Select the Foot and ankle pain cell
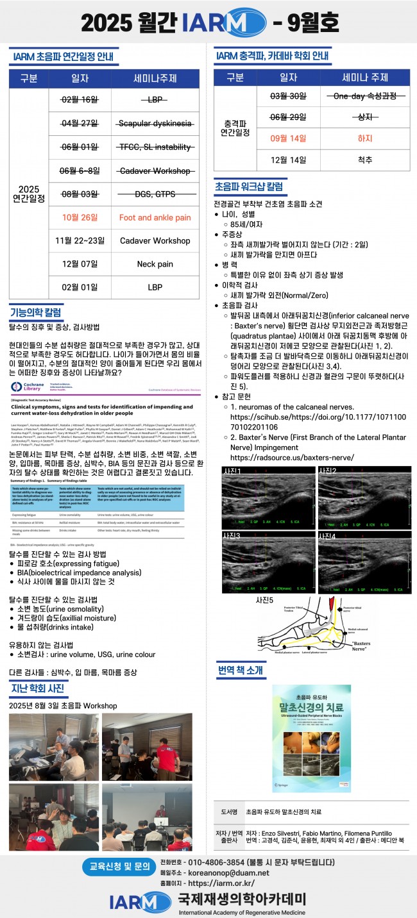pos(155,217)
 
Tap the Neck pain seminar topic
pos(155,263)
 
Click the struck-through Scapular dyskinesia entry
pos(155,124)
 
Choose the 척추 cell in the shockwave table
pos(364,160)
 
